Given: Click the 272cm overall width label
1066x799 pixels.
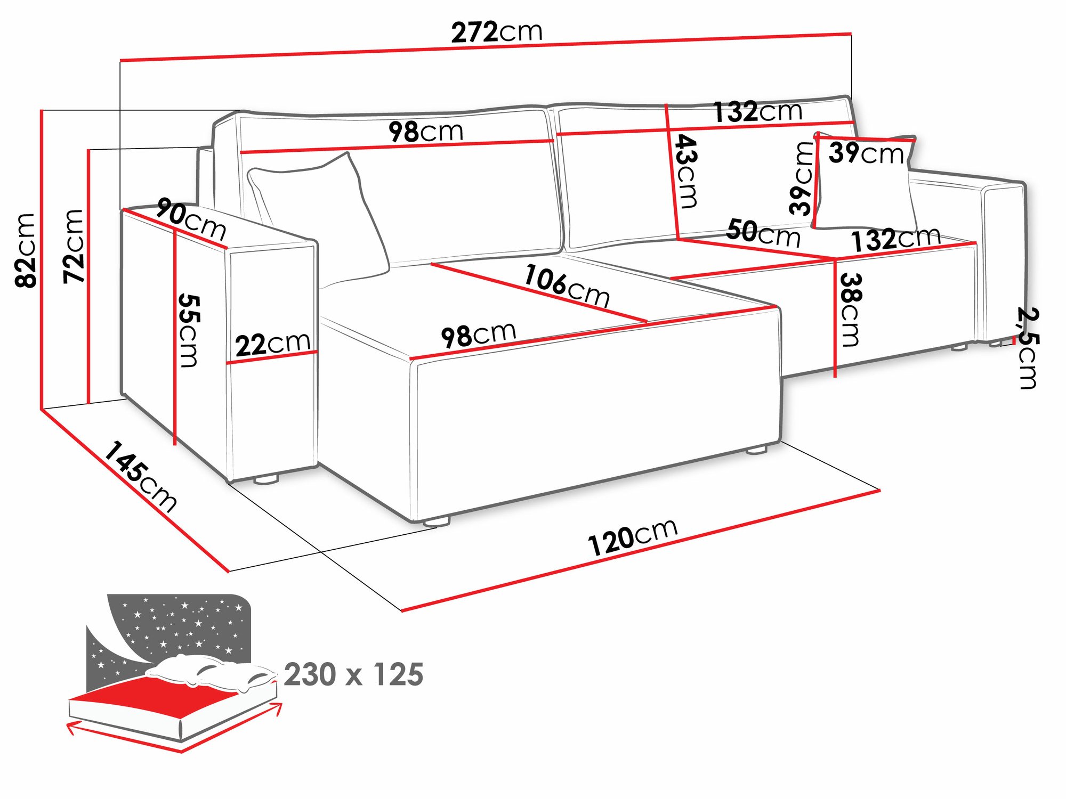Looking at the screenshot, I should point(496,32).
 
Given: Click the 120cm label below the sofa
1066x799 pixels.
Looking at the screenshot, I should point(633,537).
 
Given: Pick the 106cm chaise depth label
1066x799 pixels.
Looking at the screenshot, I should point(567,286).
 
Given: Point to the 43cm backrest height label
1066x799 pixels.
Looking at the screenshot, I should point(687,172).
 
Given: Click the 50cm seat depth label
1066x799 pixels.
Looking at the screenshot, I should point(763,233).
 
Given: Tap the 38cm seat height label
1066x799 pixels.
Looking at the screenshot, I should point(850,309).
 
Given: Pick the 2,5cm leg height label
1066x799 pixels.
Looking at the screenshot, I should point(1027,348).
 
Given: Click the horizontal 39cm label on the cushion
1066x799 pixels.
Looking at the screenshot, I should point(866,153).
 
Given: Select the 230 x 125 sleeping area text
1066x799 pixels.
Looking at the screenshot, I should point(353,674).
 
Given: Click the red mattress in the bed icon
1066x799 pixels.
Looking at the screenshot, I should point(160,692).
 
